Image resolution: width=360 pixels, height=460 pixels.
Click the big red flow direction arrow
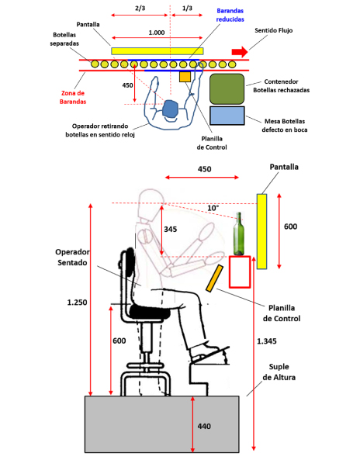point(240,52)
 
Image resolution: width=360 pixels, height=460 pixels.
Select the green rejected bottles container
point(227,89)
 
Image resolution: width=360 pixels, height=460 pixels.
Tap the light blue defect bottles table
point(227,116)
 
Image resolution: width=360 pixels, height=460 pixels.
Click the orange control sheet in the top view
point(185,77)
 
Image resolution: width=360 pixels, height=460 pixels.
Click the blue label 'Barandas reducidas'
point(230,15)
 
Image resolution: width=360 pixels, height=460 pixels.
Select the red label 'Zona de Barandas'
point(73,98)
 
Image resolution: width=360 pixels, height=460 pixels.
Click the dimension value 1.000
point(157,33)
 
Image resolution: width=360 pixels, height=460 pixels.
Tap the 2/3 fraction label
point(140,9)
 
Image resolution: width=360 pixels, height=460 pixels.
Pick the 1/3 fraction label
point(187,9)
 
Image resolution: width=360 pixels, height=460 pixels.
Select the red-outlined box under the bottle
point(240,272)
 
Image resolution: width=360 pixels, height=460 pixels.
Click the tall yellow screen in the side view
point(261,231)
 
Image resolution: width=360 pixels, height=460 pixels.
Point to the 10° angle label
point(213,208)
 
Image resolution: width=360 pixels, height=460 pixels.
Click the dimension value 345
point(170,229)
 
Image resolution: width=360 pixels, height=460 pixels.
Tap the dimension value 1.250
point(77,303)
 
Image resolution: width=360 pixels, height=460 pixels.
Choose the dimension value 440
point(204,426)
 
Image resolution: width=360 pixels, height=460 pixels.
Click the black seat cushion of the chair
point(150,312)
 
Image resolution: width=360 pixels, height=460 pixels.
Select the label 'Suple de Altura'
point(279,372)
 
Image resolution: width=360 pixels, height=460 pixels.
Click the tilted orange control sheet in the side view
point(214,278)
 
